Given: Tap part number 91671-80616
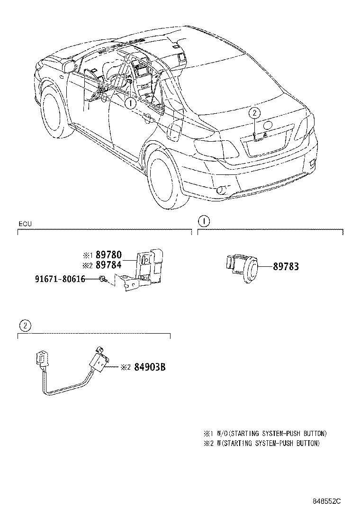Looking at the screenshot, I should pos(60,279).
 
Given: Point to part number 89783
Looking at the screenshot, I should pos(286,267).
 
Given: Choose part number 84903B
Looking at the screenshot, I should pos(149,367).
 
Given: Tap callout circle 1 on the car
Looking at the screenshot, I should pos(131,102).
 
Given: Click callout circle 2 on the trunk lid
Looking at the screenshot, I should pos(254,113).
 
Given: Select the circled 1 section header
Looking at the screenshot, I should pos(203,221).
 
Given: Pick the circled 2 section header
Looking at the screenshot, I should pos(25,326).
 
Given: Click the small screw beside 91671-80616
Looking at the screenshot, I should pos(102,280).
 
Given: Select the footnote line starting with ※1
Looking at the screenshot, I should pos(265,434).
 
